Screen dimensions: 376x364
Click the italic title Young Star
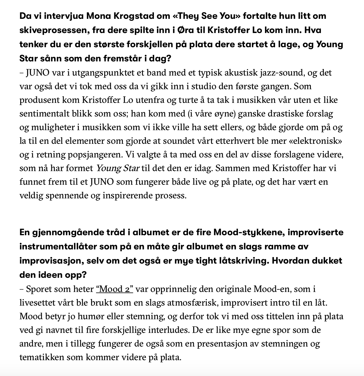tap(118, 168)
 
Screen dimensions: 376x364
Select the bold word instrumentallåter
tap(58, 247)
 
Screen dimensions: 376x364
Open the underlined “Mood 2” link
tap(114, 289)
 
